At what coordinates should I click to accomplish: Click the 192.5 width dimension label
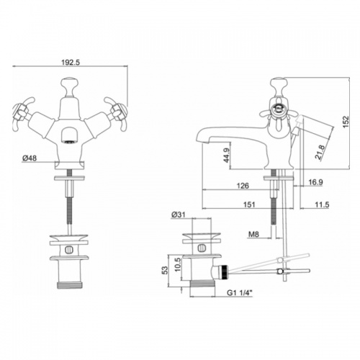pos(71,62)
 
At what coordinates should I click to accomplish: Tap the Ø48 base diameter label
pos(30,158)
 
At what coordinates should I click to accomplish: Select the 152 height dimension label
pos(346,122)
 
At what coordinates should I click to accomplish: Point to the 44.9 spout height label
pos(227,155)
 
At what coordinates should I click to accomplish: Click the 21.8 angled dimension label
pos(320,152)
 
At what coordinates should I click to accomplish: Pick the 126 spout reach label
pos(243,186)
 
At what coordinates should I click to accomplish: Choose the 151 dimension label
pos(249,204)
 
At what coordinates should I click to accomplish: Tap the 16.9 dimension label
pos(315,182)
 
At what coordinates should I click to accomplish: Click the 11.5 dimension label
pos(322,204)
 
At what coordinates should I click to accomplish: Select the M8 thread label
pos(253,234)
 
